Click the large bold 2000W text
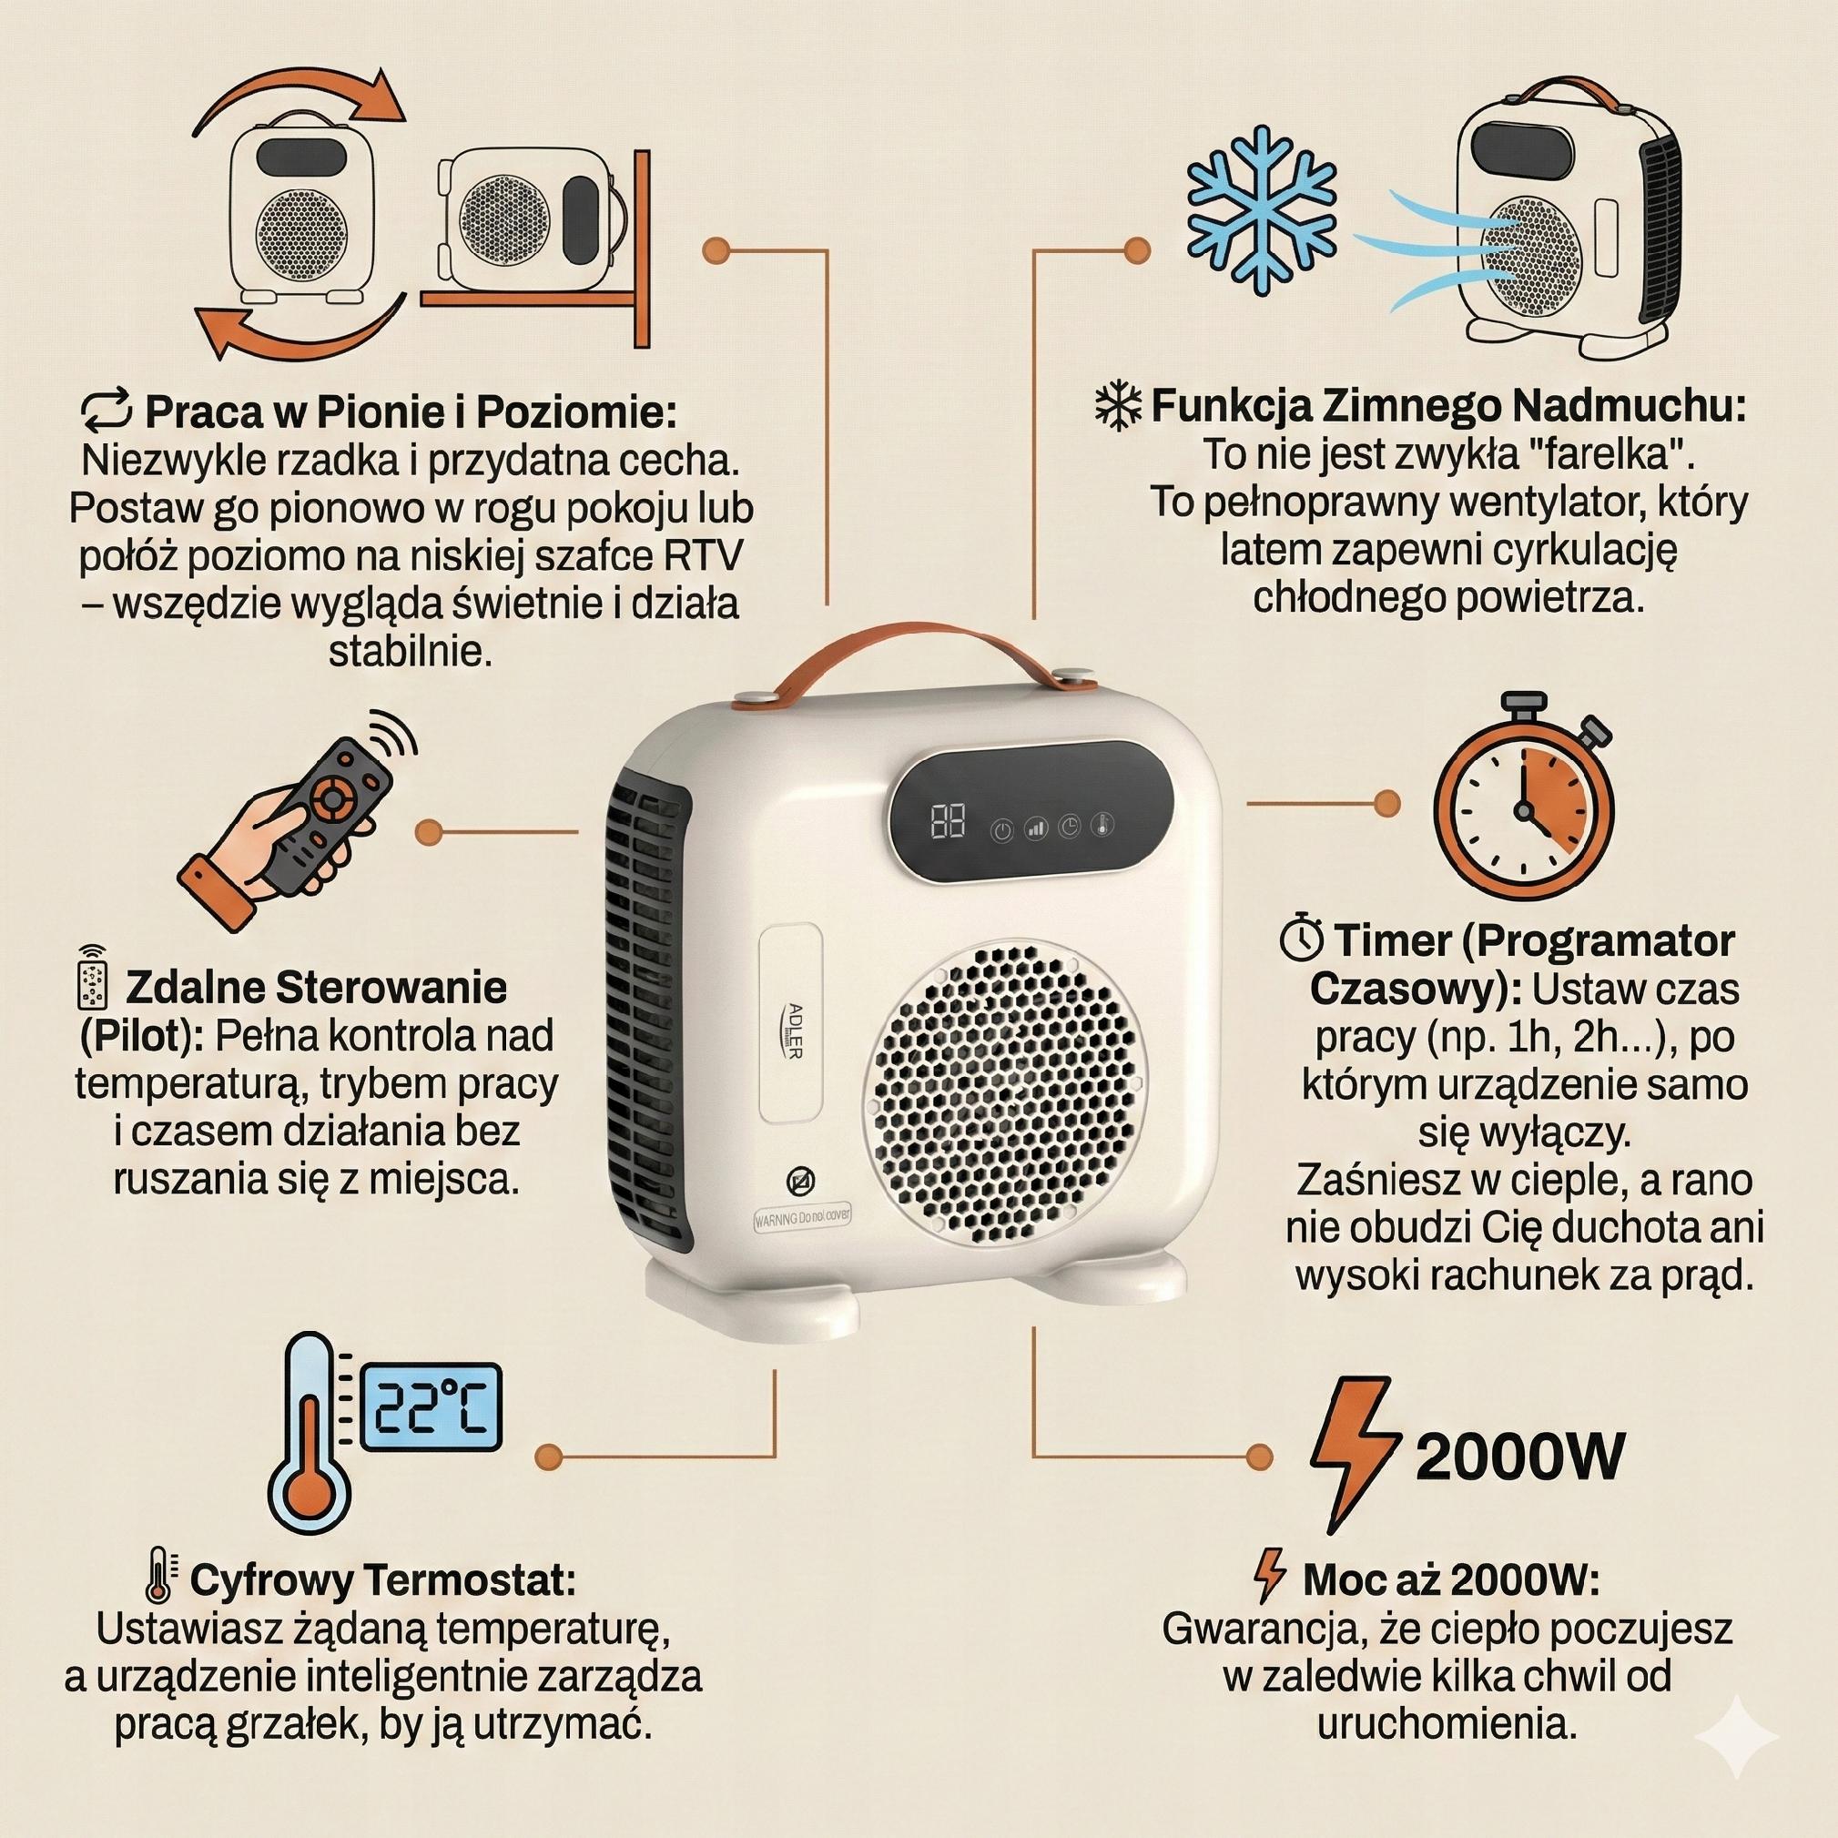coord(1519,1456)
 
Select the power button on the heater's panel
coord(1001,830)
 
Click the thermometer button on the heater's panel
coord(1102,825)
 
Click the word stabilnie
coord(410,652)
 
